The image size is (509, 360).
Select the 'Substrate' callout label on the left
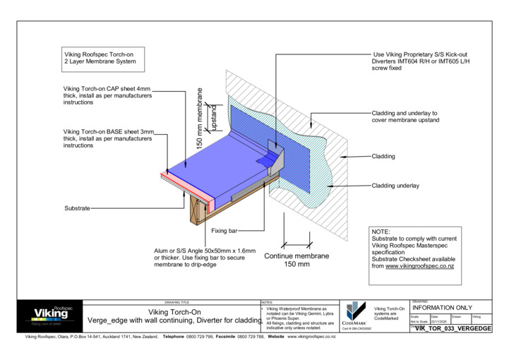(x=77, y=208)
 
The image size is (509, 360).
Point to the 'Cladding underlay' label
(x=395, y=186)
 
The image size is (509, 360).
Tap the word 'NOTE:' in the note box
(x=381, y=231)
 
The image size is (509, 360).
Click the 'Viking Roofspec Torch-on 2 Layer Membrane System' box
(x=99, y=57)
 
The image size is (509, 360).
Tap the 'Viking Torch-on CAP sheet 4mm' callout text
(x=107, y=95)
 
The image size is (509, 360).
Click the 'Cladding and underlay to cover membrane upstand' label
(x=405, y=116)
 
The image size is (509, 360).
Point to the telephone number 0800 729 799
(x=200, y=337)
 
